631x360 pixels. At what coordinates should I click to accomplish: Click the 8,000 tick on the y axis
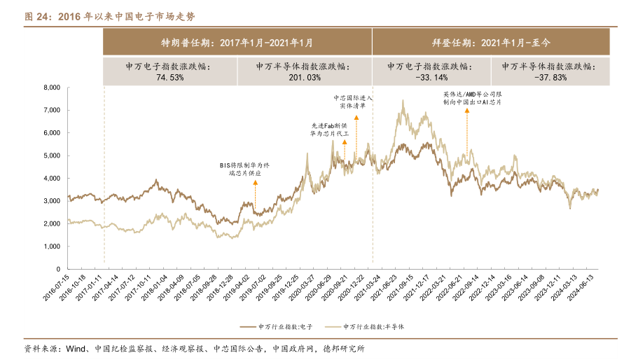click(x=53, y=88)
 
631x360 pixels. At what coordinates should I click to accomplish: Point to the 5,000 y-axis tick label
click(x=53, y=155)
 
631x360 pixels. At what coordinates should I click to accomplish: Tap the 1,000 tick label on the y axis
click(x=53, y=247)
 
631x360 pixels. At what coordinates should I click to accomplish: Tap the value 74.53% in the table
click(x=169, y=77)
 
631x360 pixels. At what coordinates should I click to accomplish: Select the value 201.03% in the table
click(x=304, y=77)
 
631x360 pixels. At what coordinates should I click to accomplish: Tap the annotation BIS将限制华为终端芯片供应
click(x=244, y=168)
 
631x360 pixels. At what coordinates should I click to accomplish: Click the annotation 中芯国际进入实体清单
click(x=353, y=102)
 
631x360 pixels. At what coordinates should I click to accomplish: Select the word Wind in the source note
click(x=76, y=349)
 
